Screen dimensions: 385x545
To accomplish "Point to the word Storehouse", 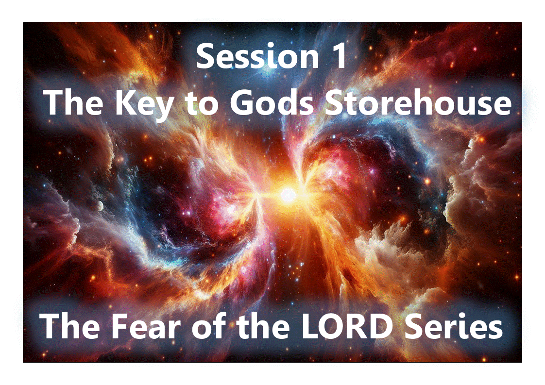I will pyautogui.click(x=417, y=103).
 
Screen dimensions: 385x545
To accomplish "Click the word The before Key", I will pyautogui.click(x=75, y=103).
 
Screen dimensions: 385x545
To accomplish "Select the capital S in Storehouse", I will pyautogui.click(x=333, y=103).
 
